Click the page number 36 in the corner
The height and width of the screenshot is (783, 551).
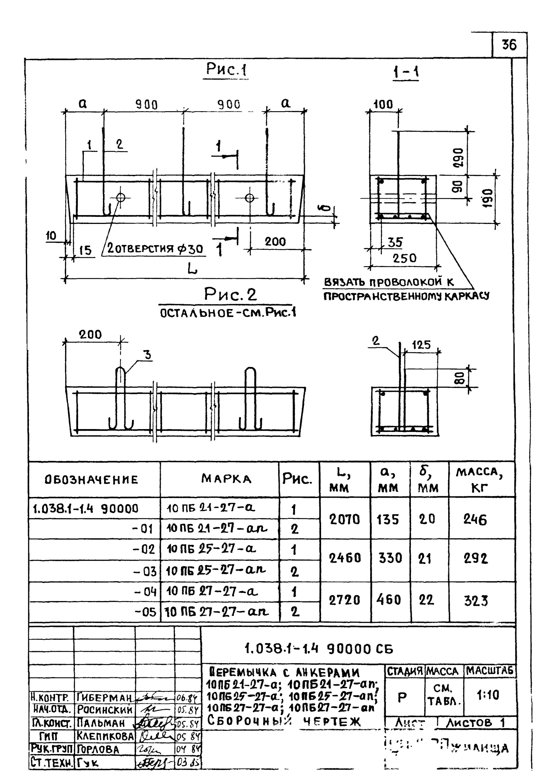509,45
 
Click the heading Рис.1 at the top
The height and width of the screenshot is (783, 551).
226,70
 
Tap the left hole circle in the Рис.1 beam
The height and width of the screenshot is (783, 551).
120,197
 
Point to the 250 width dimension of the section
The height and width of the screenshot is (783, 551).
405,258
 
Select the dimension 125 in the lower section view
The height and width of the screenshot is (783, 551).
422,345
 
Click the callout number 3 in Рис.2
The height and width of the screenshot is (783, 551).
147,355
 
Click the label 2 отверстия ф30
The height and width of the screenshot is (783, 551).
155,249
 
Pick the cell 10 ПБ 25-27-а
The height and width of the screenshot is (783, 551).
211,549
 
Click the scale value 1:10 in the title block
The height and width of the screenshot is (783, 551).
488,695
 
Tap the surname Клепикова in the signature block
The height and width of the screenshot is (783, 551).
105,736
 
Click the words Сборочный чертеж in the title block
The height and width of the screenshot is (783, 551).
284,721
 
